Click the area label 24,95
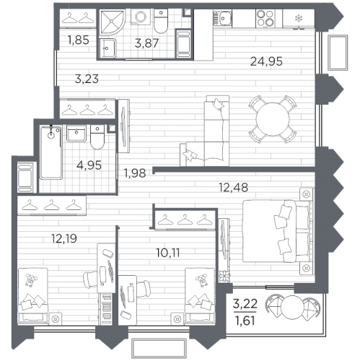coord(266,61)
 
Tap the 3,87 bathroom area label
coord(146,43)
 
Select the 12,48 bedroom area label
coord(233,187)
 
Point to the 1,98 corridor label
coord(135,173)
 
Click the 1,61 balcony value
coord(245,321)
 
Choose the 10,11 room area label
coord(168,253)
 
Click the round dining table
coord(273,119)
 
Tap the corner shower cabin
coord(113,22)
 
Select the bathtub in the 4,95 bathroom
coord(51,152)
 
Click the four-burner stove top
coord(265,18)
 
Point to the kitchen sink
coord(222,17)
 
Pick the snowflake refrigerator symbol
coord(299,18)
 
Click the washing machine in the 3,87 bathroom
coord(141,17)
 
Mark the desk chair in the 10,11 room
coord(144,289)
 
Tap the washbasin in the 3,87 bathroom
coord(107,48)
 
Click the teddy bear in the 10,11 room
coord(201,280)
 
